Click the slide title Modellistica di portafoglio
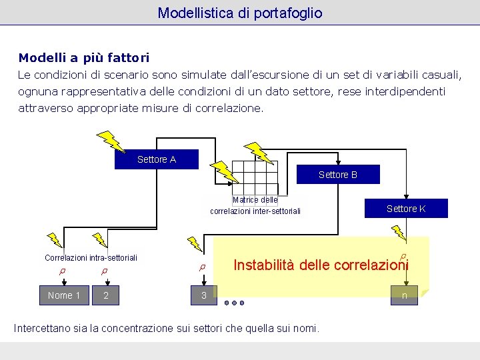pyautogui.click(x=240, y=13)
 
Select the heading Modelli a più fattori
pyautogui.click(x=84, y=58)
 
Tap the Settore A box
pyautogui.click(x=157, y=159)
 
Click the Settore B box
pyautogui.click(x=338, y=175)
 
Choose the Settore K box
pyautogui.click(x=406, y=209)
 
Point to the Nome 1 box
pyautogui.click(x=64, y=295)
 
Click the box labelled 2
pyautogui.click(x=106, y=295)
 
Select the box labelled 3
pyautogui.click(x=204, y=295)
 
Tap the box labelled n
pyautogui.click(x=404, y=295)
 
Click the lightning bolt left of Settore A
pyautogui.click(x=111, y=141)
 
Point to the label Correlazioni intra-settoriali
pyautogui.click(x=91, y=257)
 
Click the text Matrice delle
pyautogui.click(x=255, y=200)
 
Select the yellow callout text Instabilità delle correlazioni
pyautogui.click(x=321, y=265)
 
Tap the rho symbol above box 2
pyautogui.click(x=104, y=271)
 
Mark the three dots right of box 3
pyautogui.click(x=234, y=303)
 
